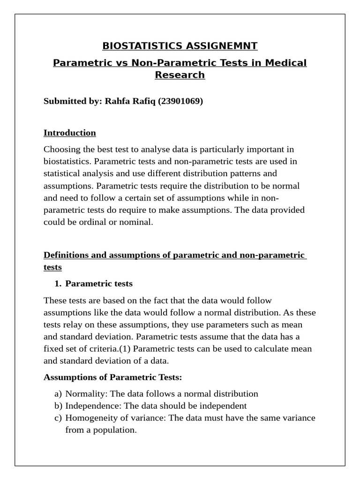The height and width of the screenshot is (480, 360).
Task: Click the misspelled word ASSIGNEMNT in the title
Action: (x=221, y=46)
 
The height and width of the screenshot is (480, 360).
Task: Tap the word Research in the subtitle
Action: (x=180, y=75)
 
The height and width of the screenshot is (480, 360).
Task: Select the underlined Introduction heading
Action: (x=69, y=133)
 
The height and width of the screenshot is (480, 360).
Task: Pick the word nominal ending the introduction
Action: (x=136, y=222)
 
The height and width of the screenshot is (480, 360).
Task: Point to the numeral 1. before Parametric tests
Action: (x=58, y=284)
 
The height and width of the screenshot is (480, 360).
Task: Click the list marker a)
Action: (x=58, y=394)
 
